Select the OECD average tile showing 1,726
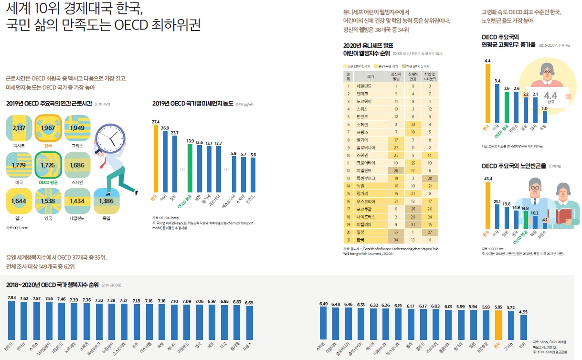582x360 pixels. click(x=49, y=165)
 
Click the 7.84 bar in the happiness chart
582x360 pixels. click(x=11, y=320)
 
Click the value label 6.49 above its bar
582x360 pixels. click(x=323, y=304)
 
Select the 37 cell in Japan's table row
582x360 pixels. click(x=395, y=231)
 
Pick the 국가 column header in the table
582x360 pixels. click(x=370, y=76)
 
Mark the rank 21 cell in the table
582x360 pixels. click(x=349, y=239)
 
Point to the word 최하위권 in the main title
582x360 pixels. click(x=170, y=25)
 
